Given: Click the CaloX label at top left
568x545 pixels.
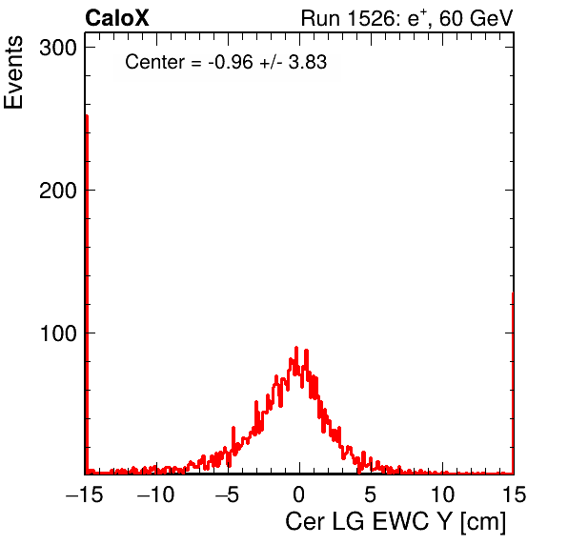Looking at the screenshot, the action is tap(117, 18).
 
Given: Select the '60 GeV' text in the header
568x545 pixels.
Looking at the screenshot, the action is tap(477, 18).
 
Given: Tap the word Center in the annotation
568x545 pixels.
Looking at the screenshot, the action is tap(154, 62).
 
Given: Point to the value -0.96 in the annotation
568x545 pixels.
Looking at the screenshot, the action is tap(231, 62).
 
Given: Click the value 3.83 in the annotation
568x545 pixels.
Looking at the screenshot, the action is tap(308, 62).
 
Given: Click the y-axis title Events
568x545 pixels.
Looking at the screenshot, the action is tap(13, 72).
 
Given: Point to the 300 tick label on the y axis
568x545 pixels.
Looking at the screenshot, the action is tap(58, 48).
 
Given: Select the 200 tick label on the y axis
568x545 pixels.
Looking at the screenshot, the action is tap(58, 191).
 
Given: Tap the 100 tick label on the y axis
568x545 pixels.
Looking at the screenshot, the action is tap(58, 333).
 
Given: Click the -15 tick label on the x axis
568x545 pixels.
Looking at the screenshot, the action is tap(85, 494).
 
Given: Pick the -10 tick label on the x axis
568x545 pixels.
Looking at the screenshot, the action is tap(155, 494).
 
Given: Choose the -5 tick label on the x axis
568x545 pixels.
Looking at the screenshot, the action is tap(228, 494).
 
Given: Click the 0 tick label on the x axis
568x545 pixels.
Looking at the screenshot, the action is tap(299, 494).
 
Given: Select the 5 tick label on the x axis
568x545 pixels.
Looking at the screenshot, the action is tap(370, 494).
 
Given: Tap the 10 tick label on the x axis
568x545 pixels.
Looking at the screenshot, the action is tap(441, 494).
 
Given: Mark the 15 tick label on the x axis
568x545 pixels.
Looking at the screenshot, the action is tap(513, 494).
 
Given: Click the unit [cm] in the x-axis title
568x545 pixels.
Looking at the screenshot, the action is tap(483, 522).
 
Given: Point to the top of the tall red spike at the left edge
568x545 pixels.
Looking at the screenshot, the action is tap(87, 115).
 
